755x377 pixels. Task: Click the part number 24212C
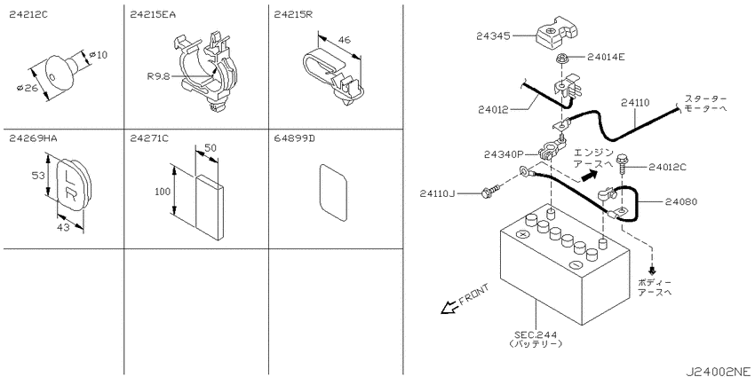point(28,15)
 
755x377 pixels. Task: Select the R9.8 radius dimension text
point(159,76)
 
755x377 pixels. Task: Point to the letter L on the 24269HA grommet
point(69,176)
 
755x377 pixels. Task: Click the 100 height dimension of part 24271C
point(163,192)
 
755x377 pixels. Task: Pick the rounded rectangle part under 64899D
point(333,192)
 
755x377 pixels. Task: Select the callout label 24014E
point(606,58)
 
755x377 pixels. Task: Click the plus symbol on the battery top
point(522,235)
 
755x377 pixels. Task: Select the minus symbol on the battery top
point(575,264)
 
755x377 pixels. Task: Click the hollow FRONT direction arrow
point(449,307)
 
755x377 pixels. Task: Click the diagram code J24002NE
point(719,371)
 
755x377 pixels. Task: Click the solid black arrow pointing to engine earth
point(586,177)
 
